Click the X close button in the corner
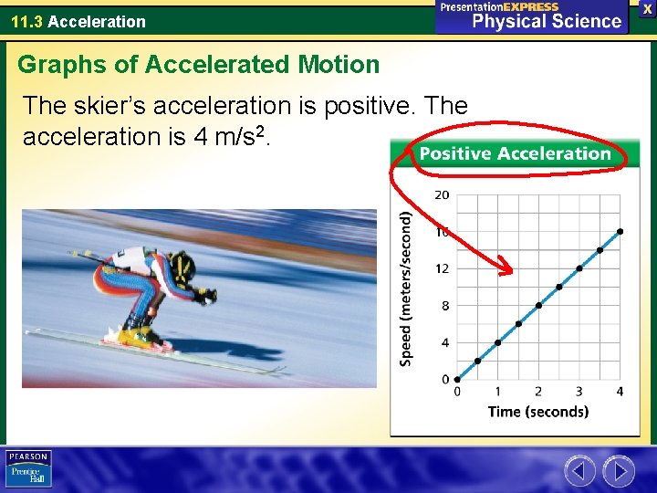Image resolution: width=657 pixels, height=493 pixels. (x=647, y=8)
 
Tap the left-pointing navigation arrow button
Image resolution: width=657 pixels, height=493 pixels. (x=579, y=471)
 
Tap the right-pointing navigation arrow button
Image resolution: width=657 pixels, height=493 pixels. (x=619, y=471)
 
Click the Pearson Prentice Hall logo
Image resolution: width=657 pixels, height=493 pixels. (x=28, y=468)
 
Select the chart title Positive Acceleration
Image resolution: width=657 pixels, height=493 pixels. (x=515, y=153)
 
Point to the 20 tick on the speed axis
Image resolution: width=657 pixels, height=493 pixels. (x=442, y=194)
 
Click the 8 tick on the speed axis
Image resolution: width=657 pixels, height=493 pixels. (x=445, y=306)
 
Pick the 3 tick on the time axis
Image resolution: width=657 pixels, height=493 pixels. (x=579, y=392)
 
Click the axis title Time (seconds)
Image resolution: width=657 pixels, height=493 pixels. (x=537, y=412)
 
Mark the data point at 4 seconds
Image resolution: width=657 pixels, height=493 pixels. (x=620, y=231)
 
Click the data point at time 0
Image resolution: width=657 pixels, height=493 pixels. (x=457, y=379)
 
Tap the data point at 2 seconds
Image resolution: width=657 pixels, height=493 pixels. (x=538, y=305)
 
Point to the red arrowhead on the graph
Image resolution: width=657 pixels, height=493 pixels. (x=507, y=268)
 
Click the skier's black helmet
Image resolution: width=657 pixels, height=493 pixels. (x=183, y=267)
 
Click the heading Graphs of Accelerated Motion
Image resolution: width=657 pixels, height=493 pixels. (x=198, y=65)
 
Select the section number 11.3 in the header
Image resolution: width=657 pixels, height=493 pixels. (x=26, y=21)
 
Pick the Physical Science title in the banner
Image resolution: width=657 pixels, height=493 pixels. (x=547, y=22)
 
